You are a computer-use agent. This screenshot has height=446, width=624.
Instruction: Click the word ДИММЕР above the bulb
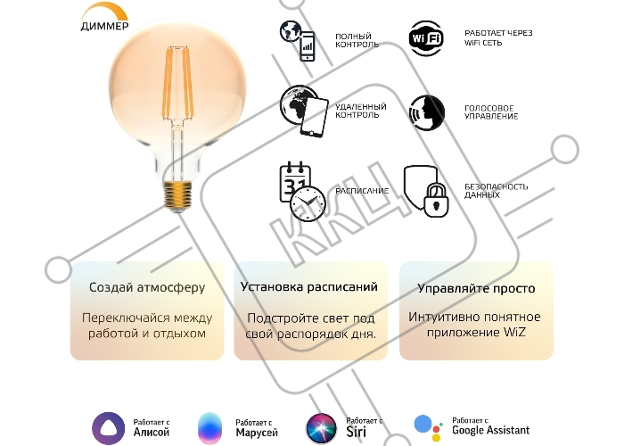tap(105, 26)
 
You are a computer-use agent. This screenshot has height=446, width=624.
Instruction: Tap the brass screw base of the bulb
tap(177, 195)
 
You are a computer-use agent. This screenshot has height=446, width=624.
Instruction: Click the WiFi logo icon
tap(426, 38)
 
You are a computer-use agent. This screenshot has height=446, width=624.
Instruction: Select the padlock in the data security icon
tap(435, 199)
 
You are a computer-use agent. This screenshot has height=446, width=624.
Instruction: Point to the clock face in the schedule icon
tap(308, 203)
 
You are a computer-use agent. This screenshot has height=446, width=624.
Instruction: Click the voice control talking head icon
tap(427, 112)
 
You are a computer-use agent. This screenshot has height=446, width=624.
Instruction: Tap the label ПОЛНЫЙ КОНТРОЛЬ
tap(357, 41)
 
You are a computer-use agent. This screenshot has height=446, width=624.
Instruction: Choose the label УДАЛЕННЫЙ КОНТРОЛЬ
tap(361, 111)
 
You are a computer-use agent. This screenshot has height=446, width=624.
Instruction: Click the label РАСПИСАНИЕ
tap(362, 191)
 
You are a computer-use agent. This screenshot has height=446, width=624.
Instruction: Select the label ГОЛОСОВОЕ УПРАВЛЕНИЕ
tap(491, 112)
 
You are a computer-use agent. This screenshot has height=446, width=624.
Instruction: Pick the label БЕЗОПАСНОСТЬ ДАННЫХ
tap(497, 191)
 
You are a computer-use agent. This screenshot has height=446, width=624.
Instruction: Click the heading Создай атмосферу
tap(147, 287)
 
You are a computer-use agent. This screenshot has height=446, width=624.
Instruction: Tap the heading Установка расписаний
tap(309, 287)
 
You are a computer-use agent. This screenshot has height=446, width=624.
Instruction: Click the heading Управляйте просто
tap(476, 288)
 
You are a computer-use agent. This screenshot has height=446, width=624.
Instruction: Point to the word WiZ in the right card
tap(514, 332)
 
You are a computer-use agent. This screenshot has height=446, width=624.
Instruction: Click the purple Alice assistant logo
tap(108, 428)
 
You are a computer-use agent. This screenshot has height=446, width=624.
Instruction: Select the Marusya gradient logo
tap(209, 428)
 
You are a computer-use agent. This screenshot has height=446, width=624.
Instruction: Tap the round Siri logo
tap(321, 428)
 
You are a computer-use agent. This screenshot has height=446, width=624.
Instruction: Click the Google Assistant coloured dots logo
tap(428, 428)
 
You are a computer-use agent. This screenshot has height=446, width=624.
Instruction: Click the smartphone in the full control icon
tap(307, 46)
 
